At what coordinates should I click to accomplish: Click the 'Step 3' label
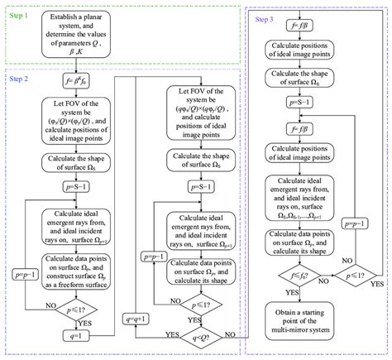tap(266, 18)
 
